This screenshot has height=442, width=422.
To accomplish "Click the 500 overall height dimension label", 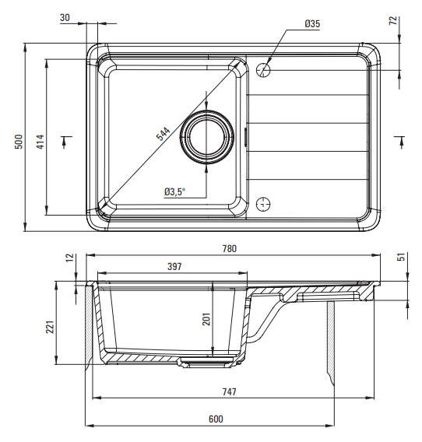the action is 19,142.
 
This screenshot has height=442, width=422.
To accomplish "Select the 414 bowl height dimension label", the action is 40,142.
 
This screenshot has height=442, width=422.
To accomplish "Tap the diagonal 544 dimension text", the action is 164,134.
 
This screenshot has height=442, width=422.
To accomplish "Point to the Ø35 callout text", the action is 312,23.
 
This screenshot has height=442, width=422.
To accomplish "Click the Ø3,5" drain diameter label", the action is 175,192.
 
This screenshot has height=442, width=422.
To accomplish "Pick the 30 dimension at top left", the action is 65,17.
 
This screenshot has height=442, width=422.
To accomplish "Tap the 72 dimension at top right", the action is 393,20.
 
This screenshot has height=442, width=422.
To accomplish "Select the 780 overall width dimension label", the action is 230,249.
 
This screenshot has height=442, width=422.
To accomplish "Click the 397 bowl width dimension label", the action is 174,266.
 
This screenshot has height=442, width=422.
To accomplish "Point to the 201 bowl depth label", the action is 206,319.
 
